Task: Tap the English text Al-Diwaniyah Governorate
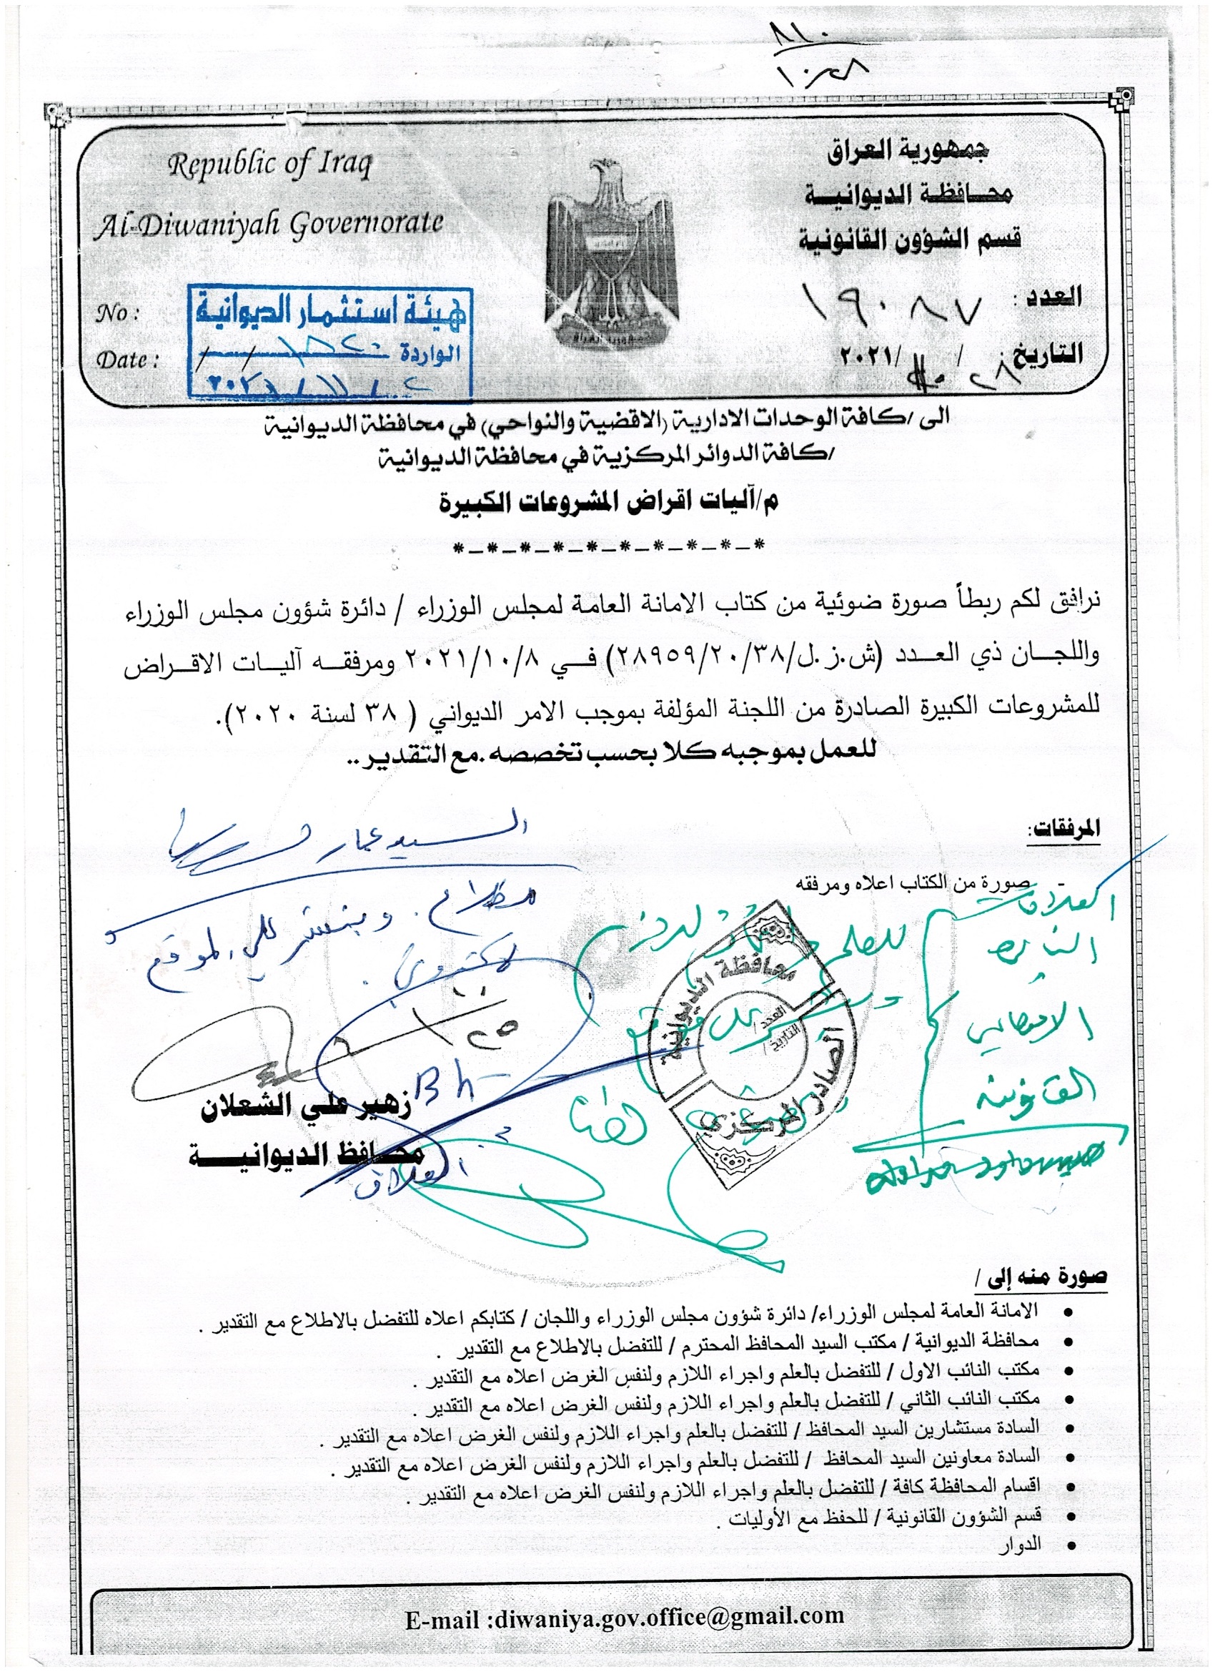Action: (268, 224)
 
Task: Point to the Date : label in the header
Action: (127, 360)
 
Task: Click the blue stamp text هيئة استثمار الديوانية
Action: (329, 312)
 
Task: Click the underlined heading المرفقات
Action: (1064, 828)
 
